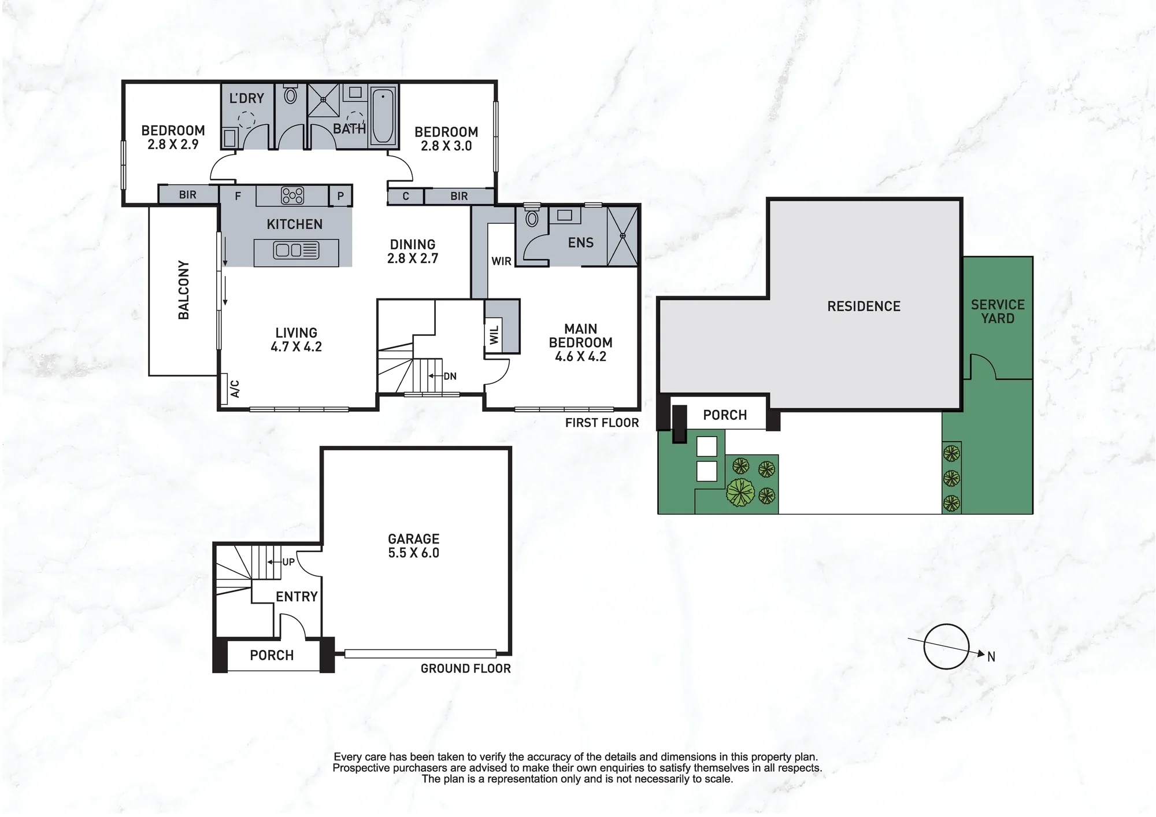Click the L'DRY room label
pos(246,98)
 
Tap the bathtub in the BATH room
pos(382,116)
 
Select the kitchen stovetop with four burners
pos(292,195)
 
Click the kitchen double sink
pos(296,250)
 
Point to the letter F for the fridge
pos(238,197)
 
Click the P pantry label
pos(340,197)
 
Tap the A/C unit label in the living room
pos(235,388)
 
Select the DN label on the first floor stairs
pos(450,376)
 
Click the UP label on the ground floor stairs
pos(288,561)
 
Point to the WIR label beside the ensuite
pos(501,261)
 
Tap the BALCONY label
pos(184,290)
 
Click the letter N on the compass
pos(991,657)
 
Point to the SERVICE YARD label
pos(998,312)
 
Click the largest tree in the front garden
pos(740,493)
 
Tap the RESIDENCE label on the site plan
pos(864,306)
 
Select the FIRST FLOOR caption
pos(602,423)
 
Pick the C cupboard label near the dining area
pos(406,197)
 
